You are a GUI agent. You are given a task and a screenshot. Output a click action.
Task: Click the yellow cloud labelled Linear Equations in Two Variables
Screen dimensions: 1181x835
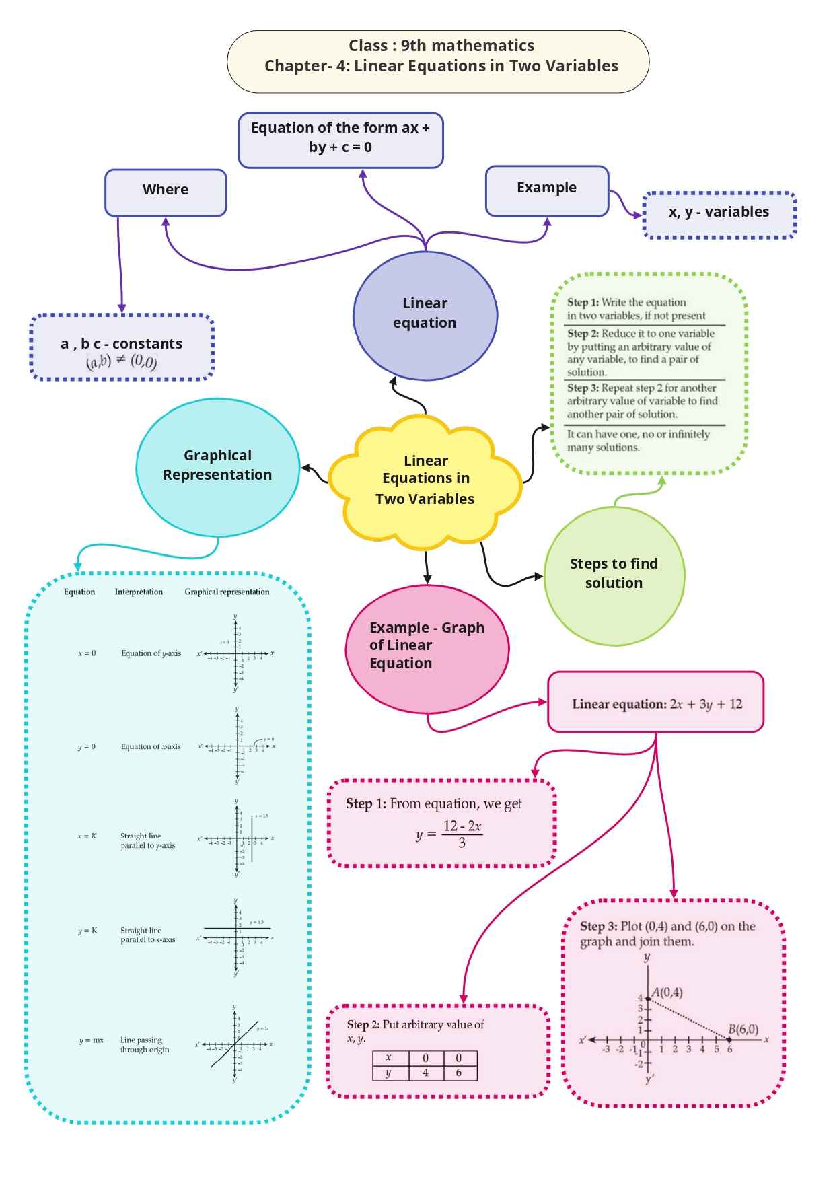coord(425,479)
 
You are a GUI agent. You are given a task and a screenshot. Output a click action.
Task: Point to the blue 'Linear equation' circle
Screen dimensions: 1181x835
coord(425,314)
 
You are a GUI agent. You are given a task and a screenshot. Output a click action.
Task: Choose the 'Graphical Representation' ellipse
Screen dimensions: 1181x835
coord(217,466)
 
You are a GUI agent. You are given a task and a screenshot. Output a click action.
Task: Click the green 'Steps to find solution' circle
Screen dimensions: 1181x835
coord(614,575)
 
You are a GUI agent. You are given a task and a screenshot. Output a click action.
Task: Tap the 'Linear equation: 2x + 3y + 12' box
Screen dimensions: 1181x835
coord(656,703)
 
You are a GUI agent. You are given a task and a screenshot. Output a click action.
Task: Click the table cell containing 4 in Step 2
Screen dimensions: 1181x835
coord(425,1073)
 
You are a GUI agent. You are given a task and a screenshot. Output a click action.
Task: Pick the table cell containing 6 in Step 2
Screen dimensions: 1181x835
coord(459,1073)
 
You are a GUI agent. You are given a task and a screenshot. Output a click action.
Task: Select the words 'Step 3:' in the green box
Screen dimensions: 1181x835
coord(583,388)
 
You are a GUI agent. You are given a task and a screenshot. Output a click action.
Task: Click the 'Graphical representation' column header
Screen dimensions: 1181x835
coord(227,592)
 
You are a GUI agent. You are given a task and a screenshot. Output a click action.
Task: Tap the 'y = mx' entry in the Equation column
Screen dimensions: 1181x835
coord(92,1040)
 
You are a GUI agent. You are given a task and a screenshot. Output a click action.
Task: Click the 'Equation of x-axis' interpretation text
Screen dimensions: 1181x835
coord(151,746)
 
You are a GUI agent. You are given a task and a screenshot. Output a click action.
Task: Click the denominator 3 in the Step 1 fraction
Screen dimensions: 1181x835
coord(462,843)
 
